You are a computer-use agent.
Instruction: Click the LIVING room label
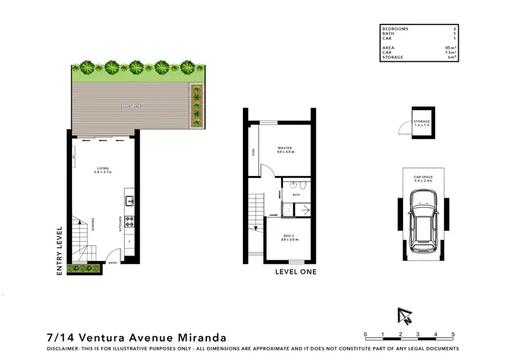pyautogui.click(x=102, y=169)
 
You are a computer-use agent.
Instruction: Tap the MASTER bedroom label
pyautogui.click(x=284, y=148)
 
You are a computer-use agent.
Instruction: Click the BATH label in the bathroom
pyautogui.click(x=296, y=195)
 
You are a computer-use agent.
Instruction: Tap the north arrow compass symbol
pyautogui.click(x=405, y=314)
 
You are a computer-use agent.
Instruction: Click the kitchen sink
pyautogui.click(x=129, y=200)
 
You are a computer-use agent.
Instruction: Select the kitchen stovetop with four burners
pyautogui.click(x=128, y=221)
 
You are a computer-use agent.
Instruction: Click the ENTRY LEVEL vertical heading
pyautogui.click(x=60, y=251)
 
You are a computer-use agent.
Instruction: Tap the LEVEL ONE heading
pyautogui.click(x=295, y=272)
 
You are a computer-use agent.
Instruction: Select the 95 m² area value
pyautogui.click(x=449, y=48)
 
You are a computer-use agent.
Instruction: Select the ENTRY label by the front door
pyautogui.click(x=113, y=262)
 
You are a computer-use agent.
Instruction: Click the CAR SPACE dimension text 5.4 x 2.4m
pyautogui.click(x=424, y=182)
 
